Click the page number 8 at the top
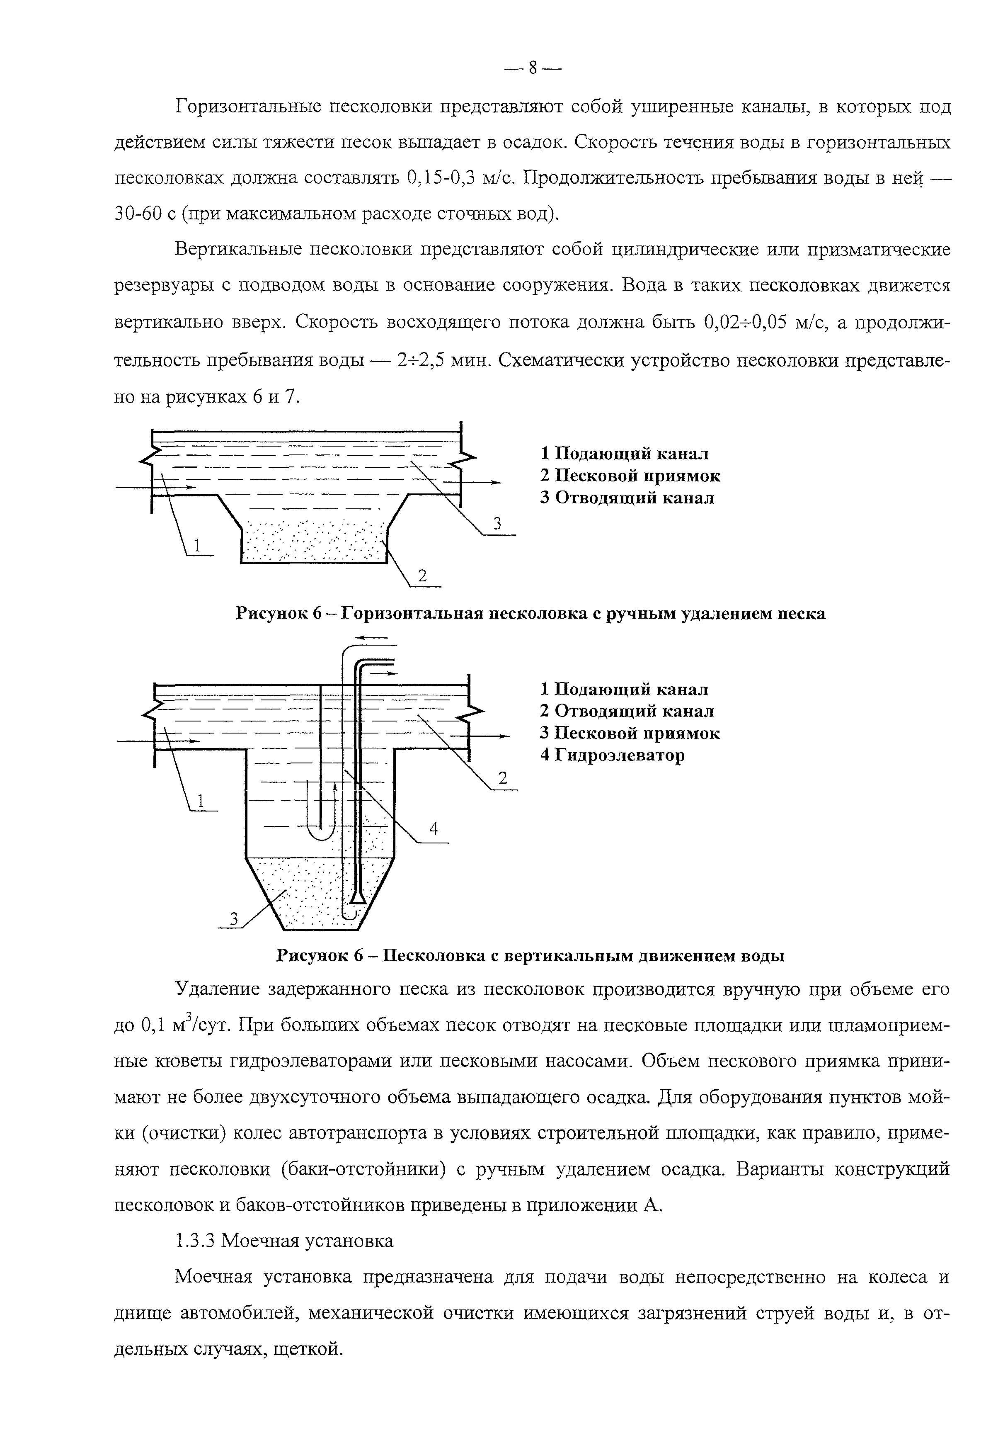(533, 68)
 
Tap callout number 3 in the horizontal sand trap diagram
(498, 524)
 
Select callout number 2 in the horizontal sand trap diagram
(422, 576)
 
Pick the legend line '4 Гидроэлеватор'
(612, 755)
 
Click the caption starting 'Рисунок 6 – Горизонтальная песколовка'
(530, 614)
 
